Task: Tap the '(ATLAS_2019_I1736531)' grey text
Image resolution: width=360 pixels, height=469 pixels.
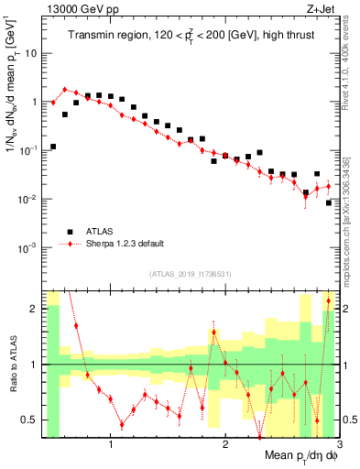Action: (190, 274)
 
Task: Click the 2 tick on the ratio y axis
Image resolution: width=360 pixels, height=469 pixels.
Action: (32, 309)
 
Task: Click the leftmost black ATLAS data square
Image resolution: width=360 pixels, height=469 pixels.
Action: (53, 147)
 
